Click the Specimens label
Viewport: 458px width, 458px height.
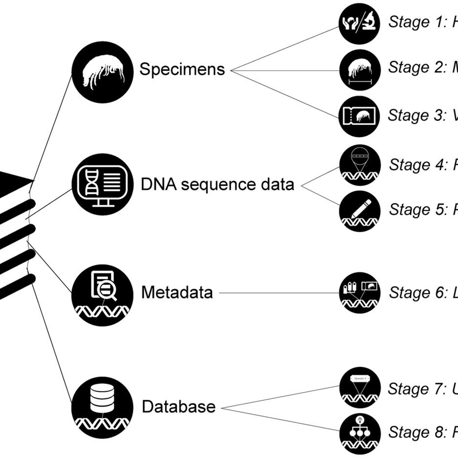pos(182,69)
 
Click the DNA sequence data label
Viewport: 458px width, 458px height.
pos(218,185)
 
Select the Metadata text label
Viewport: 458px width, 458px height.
pos(177,292)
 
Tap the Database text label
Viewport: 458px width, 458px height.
pos(178,407)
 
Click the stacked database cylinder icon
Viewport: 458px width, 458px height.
pos(102,407)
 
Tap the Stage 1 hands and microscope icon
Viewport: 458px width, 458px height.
pos(359,23)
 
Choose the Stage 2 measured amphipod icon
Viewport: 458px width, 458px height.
pos(359,70)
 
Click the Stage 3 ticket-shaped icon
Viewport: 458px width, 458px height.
pos(359,116)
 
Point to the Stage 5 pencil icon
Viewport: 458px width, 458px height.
pos(359,211)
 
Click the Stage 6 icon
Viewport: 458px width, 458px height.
pos(359,293)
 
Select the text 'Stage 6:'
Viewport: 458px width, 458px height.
pos(417,293)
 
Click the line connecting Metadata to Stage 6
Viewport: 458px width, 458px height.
pos(279,293)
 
